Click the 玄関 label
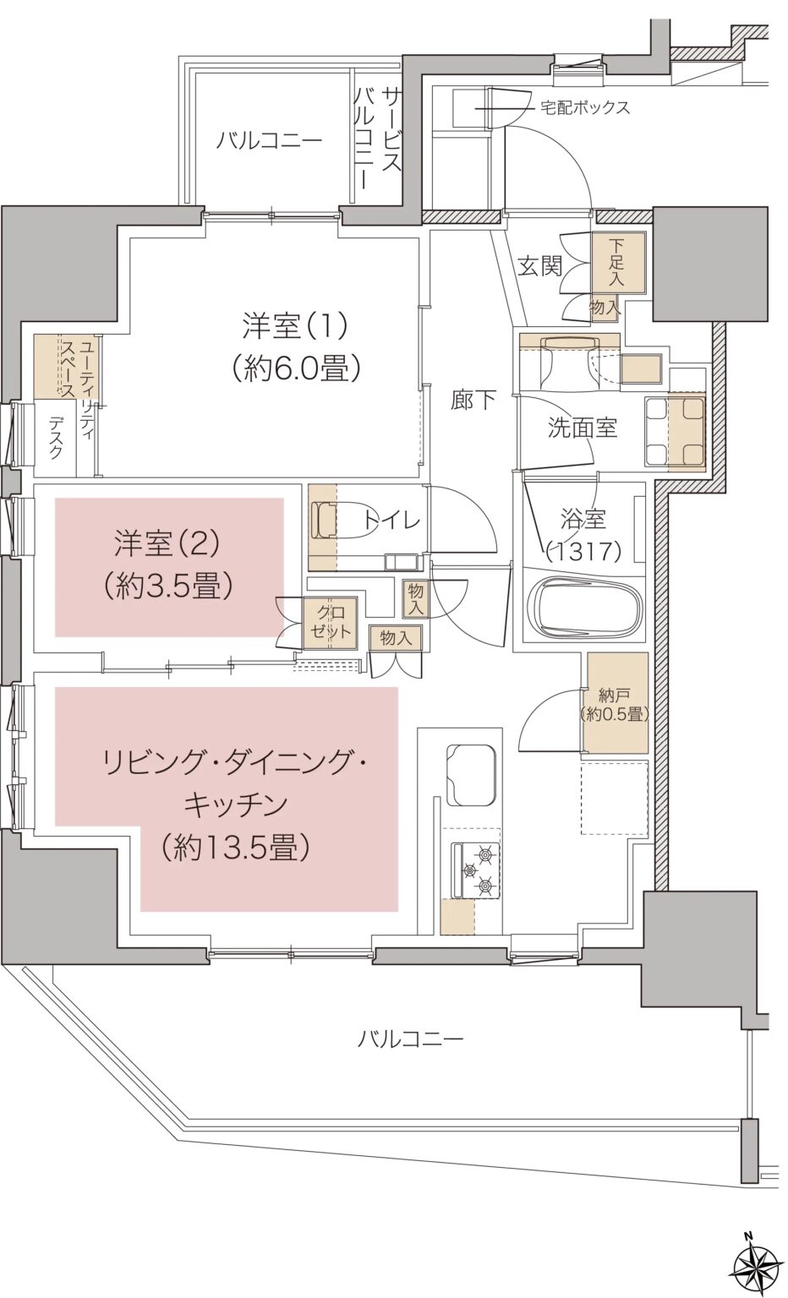(x=539, y=267)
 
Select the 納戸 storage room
(x=615, y=703)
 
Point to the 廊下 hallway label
(x=473, y=400)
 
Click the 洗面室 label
(x=582, y=428)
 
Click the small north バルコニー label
(x=268, y=140)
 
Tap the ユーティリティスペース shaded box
(x=68, y=367)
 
